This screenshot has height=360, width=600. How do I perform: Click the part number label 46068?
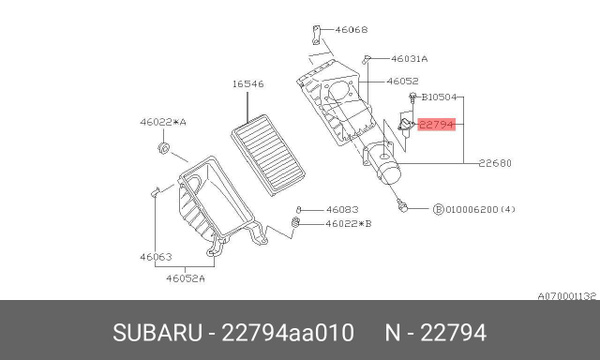pyautogui.click(x=350, y=31)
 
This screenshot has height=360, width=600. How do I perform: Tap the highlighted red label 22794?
pyautogui.click(x=437, y=126)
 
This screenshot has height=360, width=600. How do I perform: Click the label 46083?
pyautogui.click(x=342, y=210)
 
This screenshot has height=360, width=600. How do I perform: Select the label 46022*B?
pyautogui.click(x=348, y=224)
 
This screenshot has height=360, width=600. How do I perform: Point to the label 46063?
pyautogui.click(x=155, y=257)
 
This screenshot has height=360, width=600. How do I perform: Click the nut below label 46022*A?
pyautogui.click(x=164, y=151)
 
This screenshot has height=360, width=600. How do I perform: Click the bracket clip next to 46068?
pyautogui.click(x=316, y=34)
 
